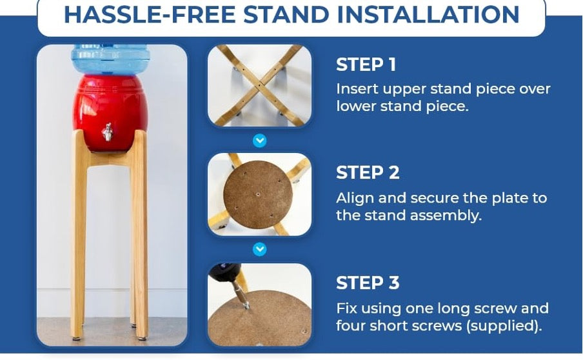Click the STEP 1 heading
[366, 65]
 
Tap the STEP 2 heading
[368, 173]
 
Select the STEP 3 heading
[368, 283]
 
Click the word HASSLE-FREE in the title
[150, 14]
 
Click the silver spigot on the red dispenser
[108, 132]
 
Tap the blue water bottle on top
[110, 59]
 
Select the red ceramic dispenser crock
[110, 113]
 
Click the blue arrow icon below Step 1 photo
[259, 141]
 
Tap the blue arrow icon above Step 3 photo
[259, 249]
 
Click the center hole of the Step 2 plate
[258, 194]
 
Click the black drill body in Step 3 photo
[224, 272]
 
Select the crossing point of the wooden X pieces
[259, 86]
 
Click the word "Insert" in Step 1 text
[357, 89]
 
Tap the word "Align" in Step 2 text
[355, 199]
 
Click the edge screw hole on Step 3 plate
[304, 330]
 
